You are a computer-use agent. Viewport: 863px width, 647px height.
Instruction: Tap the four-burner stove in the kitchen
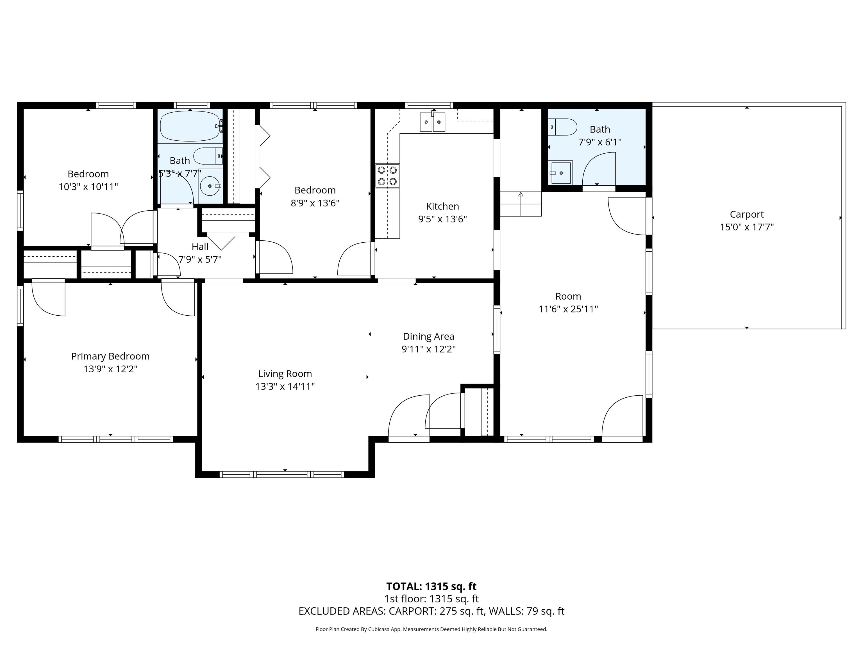pyautogui.click(x=387, y=176)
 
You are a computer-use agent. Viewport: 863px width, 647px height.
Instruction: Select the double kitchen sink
pyautogui.click(x=432, y=122)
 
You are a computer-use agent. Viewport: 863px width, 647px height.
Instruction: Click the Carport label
pyautogui.click(x=747, y=214)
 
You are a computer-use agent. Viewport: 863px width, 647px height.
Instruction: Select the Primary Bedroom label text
pyautogui.click(x=110, y=356)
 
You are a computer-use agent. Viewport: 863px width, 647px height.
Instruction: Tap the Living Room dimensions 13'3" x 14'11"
pyautogui.click(x=285, y=386)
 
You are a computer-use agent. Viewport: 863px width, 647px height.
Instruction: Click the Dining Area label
pyautogui.click(x=428, y=336)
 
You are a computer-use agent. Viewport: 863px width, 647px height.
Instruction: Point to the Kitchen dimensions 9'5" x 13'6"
pyautogui.click(x=442, y=219)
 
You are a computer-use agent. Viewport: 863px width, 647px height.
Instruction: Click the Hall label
pyautogui.click(x=200, y=247)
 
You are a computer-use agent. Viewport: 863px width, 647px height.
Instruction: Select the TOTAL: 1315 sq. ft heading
pyautogui.click(x=431, y=586)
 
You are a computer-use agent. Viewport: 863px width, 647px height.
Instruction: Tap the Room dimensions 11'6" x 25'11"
pyautogui.click(x=568, y=309)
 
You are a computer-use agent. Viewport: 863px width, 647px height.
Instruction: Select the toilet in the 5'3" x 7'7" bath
pyautogui.click(x=208, y=156)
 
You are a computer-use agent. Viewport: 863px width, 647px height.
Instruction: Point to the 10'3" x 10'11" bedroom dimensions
pyautogui.click(x=88, y=187)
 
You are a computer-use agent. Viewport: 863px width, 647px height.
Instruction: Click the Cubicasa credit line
pyautogui.click(x=431, y=629)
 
